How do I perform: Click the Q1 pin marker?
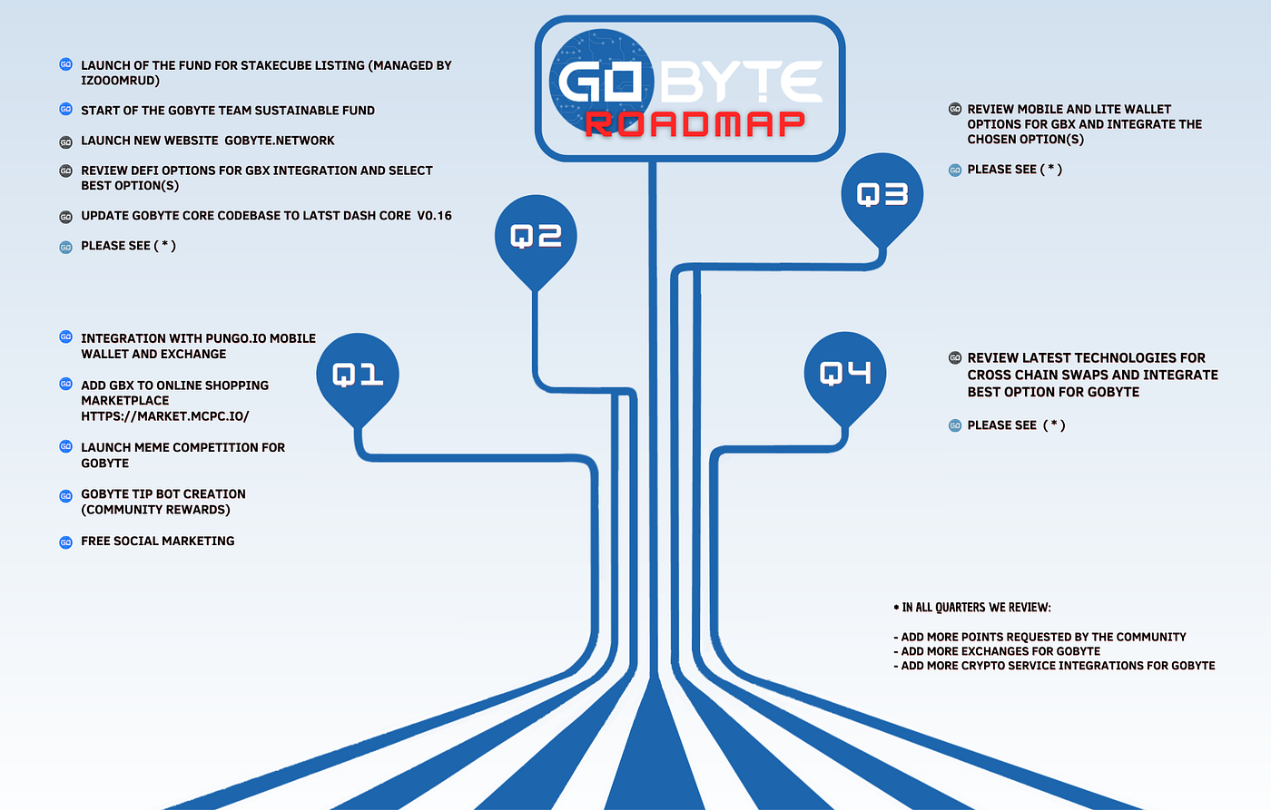coord(358,374)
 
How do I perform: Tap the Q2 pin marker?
coord(536,237)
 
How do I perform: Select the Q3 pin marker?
coord(882,194)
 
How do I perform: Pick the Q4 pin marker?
coord(845,373)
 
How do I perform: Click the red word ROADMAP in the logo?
coord(695,124)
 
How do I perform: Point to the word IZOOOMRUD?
coord(120,81)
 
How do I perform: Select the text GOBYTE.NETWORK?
coord(280,141)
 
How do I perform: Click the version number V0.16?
coord(434,216)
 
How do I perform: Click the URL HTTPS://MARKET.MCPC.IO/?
coord(164,416)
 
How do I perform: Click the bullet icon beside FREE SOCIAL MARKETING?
coord(65,542)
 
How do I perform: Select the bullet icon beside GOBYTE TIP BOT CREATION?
coord(65,495)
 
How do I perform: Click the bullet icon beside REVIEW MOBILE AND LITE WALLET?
coord(954,109)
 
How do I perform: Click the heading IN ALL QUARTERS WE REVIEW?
coord(976,608)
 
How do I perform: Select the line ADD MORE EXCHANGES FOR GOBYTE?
coord(1000,651)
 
